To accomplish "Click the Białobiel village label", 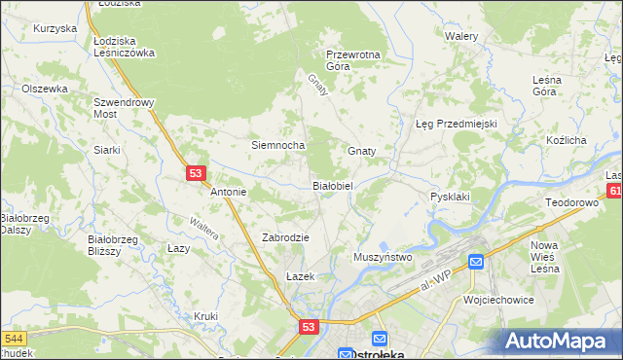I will pyautogui.click(x=338, y=185).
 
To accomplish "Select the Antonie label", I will pyautogui.click(x=229, y=193).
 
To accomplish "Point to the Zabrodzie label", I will pyautogui.click(x=285, y=237).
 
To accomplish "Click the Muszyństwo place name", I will pyautogui.click(x=384, y=257).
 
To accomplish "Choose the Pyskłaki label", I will pyautogui.click(x=450, y=197).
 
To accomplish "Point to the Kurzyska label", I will pyautogui.click(x=55, y=29).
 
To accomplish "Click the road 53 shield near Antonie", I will pyautogui.click(x=197, y=173).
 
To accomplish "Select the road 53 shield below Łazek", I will pyautogui.click(x=309, y=329).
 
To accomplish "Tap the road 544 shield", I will pyautogui.click(x=14, y=339).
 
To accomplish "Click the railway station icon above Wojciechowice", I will pyautogui.click(x=476, y=261).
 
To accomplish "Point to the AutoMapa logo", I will pyautogui.click(x=561, y=341).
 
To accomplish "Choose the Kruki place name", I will pyautogui.click(x=205, y=316).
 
